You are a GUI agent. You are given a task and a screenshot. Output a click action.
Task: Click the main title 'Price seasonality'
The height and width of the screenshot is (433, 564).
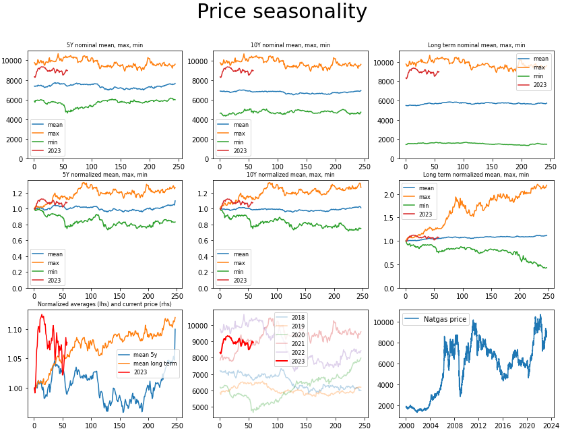pyautogui.click(x=282, y=12)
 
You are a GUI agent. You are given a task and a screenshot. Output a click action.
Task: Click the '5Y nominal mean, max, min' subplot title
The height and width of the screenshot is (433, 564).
pyautogui.click(x=104, y=45)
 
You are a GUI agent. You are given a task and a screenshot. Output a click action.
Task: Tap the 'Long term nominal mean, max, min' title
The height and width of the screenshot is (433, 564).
pyautogui.click(x=476, y=45)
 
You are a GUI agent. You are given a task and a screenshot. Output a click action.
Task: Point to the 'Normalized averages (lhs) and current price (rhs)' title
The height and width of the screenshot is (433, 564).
pyautogui.click(x=104, y=304)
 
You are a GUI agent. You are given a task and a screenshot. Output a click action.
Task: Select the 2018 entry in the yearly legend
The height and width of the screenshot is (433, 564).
pyautogui.click(x=297, y=317)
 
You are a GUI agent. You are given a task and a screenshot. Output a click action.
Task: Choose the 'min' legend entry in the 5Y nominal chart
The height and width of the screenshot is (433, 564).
pyautogui.click(x=54, y=142)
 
